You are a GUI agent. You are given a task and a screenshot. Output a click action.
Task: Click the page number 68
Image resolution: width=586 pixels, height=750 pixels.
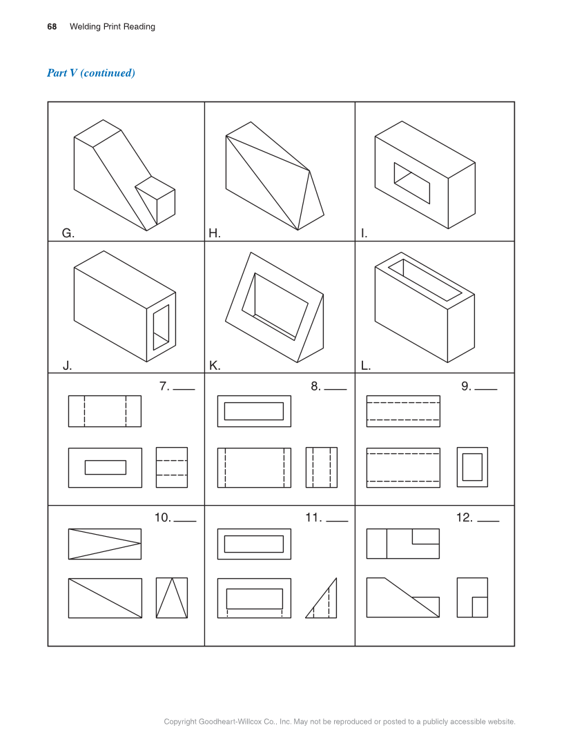[x=52, y=27]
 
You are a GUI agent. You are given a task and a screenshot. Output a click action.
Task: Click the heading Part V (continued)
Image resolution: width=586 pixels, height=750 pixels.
[x=91, y=72]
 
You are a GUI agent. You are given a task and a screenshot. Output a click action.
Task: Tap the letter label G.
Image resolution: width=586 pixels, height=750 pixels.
[x=68, y=233]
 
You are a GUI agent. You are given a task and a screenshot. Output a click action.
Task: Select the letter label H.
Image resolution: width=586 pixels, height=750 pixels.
[x=214, y=233]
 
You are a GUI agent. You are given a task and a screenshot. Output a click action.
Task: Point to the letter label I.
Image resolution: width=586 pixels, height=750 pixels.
[x=364, y=233]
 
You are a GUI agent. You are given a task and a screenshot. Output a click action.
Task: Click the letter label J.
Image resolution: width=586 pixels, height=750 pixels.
[x=67, y=366]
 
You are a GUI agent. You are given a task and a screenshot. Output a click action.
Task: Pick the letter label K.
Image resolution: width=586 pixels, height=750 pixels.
[x=215, y=366]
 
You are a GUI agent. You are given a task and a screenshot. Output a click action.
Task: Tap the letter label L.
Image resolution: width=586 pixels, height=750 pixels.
[x=365, y=366]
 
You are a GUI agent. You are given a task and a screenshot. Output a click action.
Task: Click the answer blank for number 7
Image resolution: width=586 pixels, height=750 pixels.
[x=184, y=389]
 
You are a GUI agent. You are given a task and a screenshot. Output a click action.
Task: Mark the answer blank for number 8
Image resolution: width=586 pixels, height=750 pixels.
[x=335, y=389]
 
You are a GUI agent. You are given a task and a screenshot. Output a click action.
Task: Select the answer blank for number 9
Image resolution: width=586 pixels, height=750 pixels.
[x=486, y=389]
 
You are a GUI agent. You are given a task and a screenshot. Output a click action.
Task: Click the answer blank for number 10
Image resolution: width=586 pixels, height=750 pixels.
[x=185, y=521]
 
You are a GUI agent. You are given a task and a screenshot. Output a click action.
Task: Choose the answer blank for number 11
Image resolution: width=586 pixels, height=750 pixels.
[x=337, y=521]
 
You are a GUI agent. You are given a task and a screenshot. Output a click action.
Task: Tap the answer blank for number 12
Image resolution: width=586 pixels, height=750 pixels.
[x=489, y=521]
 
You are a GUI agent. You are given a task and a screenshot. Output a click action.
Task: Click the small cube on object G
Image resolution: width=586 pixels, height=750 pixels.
[x=156, y=200]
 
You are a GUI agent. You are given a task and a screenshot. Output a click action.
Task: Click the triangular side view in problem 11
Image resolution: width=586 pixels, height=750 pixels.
[x=321, y=598]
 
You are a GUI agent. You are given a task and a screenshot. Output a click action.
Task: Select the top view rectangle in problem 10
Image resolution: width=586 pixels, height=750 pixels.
[x=105, y=544]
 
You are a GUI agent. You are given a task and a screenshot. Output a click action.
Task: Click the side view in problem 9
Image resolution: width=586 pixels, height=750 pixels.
[x=472, y=467]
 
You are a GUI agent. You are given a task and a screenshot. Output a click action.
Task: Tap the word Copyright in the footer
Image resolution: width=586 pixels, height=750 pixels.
[x=180, y=722]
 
